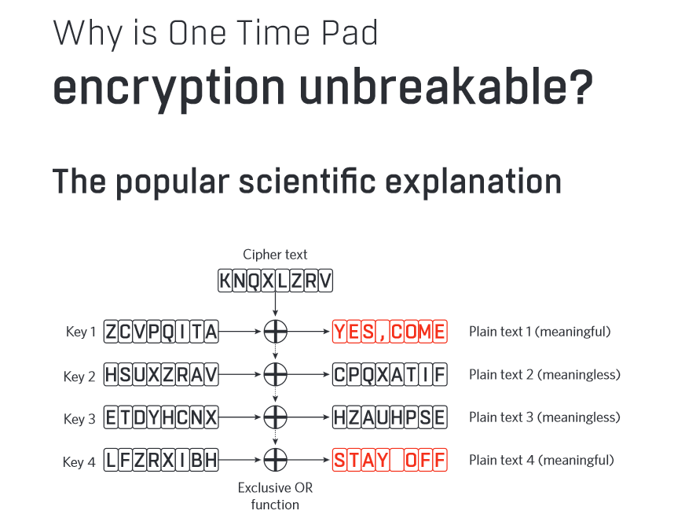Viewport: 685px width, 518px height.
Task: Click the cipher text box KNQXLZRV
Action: click(x=275, y=281)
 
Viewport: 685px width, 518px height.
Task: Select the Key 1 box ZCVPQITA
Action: click(x=161, y=332)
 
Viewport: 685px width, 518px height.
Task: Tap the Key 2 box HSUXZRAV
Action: click(x=161, y=374)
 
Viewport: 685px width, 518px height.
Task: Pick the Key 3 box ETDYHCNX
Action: click(x=161, y=417)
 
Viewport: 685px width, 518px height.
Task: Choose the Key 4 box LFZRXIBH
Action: click(x=161, y=460)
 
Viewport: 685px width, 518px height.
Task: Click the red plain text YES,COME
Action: click(x=390, y=332)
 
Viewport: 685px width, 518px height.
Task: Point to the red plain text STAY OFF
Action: click(x=390, y=460)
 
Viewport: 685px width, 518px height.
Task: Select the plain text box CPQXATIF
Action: click(x=390, y=374)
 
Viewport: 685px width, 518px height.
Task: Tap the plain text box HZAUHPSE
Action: click(x=390, y=417)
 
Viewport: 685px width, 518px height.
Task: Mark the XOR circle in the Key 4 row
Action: click(x=275, y=449)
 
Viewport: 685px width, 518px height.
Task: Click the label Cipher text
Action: click(x=275, y=255)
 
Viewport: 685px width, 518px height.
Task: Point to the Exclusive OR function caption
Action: click(x=275, y=496)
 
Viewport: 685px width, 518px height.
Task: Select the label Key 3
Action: click(x=79, y=419)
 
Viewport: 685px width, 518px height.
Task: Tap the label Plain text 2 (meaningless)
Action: click(x=544, y=375)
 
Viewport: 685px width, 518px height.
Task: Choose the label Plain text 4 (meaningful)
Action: click(x=542, y=461)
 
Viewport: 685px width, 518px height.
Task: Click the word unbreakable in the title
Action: click(x=446, y=86)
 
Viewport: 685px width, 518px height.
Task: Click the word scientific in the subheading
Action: click(x=307, y=181)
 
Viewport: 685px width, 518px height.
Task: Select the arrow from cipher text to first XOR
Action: click(x=275, y=304)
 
